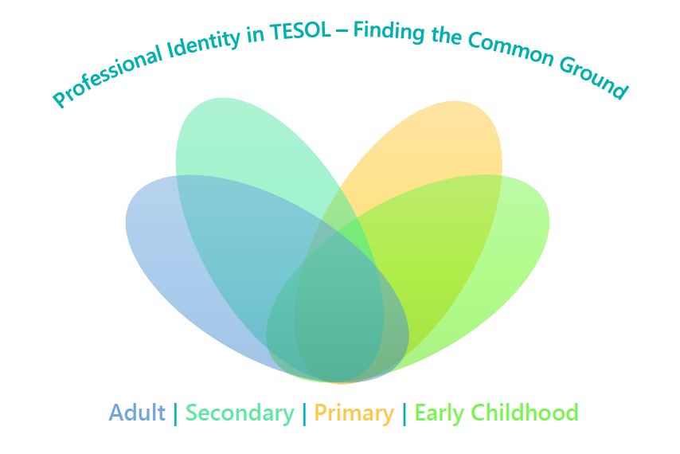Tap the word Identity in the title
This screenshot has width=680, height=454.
pyautogui.click(x=204, y=44)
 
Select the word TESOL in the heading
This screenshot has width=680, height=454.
pyautogui.click(x=300, y=32)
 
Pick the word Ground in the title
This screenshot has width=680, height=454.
pyautogui.click(x=593, y=77)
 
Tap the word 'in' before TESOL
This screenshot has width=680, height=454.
pyautogui.click(x=256, y=35)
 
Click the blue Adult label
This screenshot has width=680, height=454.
pyautogui.click(x=137, y=413)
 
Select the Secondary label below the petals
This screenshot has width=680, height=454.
pyautogui.click(x=240, y=413)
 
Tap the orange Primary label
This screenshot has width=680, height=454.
pyautogui.click(x=354, y=413)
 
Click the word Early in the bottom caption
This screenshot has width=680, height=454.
pyautogui.click(x=440, y=413)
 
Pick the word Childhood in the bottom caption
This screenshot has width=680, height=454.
pyautogui.click(x=525, y=413)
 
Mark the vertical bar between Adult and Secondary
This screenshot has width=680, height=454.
pyautogui.click(x=176, y=414)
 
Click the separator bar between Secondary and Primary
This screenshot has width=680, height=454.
pyautogui.click(x=304, y=414)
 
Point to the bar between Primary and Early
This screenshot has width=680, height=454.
pyautogui.click(x=404, y=414)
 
